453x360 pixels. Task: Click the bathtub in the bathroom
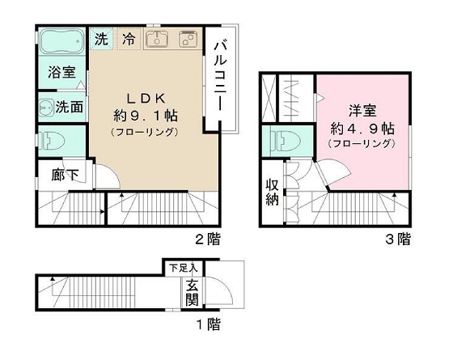61,41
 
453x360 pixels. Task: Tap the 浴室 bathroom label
60,71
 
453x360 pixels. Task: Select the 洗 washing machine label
101,38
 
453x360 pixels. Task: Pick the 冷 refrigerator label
129,38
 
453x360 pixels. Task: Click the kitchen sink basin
155,40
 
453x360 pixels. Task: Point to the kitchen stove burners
187,40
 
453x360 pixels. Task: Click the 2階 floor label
207,239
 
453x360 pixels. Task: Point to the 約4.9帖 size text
362,128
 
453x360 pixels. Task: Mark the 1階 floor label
208,326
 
